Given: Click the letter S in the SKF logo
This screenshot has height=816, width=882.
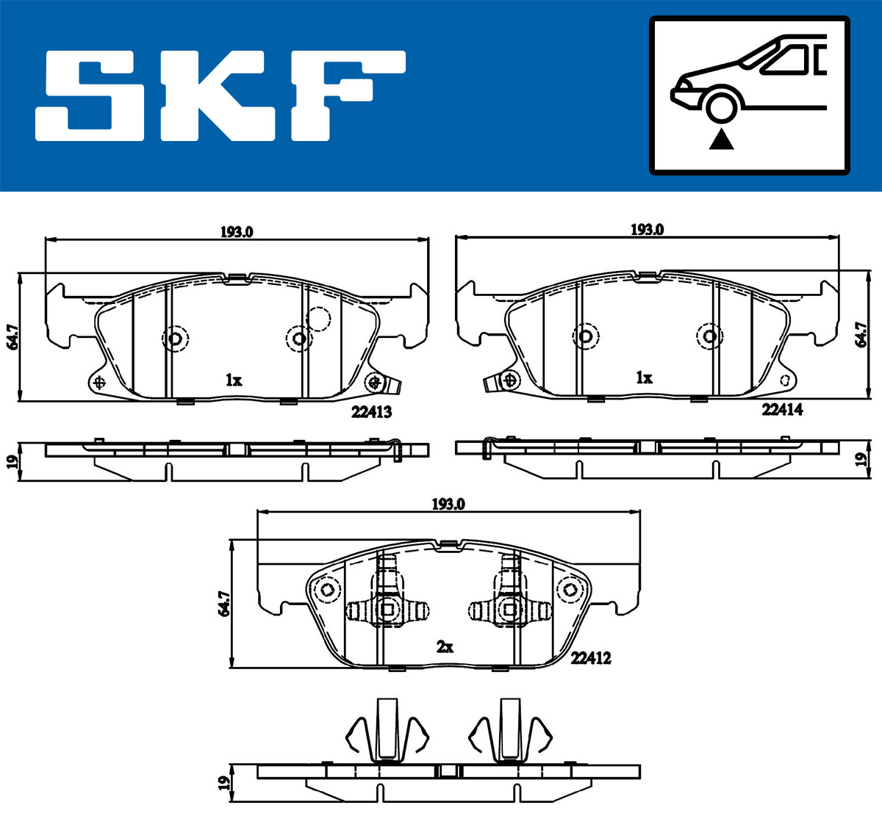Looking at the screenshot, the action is click(x=90, y=96).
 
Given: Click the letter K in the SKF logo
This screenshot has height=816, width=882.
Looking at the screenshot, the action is click(x=218, y=96).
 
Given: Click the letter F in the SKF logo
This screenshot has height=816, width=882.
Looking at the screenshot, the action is click(x=348, y=96).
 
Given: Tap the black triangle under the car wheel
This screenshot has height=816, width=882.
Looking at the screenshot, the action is click(x=721, y=140).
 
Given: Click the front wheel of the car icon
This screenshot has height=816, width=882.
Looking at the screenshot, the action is click(x=721, y=108).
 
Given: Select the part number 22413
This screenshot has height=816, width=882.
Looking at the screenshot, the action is click(x=372, y=412).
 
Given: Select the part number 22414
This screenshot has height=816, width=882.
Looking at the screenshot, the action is click(x=782, y=409).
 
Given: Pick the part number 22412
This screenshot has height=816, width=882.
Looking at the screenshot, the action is click(x=591, y=657).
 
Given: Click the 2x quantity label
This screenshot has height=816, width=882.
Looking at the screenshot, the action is click(x=445, y=647).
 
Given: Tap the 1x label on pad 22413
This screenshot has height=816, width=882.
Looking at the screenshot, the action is click(x=234, y=380).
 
